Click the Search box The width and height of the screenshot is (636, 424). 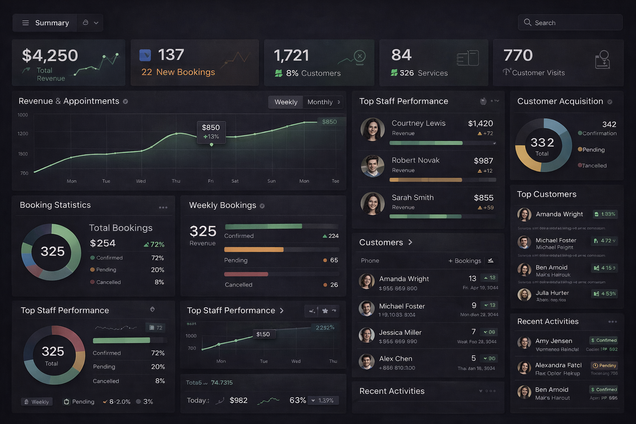point(570,23)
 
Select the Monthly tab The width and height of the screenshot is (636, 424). point(320,102)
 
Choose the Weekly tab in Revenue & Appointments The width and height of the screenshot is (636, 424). point(286,102)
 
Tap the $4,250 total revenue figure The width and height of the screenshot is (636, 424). point(50,55)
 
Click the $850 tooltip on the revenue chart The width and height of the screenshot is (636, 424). point(211,132)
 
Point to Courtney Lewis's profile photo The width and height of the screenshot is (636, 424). point(373,129)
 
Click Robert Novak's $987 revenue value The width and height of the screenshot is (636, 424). point(483,161)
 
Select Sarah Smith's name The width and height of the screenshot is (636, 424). point(412,198)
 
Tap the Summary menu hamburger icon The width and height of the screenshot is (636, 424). point(25,23)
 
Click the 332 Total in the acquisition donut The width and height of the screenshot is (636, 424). point(542,145)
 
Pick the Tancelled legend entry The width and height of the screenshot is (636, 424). point(594,166)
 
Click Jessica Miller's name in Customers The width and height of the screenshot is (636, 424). point(400,332)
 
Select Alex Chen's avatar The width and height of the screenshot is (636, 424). point(366,361)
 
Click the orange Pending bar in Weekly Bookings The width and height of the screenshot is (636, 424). point(254,250)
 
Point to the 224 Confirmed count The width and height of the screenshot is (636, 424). point(333,236)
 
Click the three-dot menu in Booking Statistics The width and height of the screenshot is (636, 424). point(163,207)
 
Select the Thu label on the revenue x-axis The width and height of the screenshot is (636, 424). point(176,181)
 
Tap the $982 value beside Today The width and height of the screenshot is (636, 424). point(238,400)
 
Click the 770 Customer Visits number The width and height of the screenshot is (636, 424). point(518,55)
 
